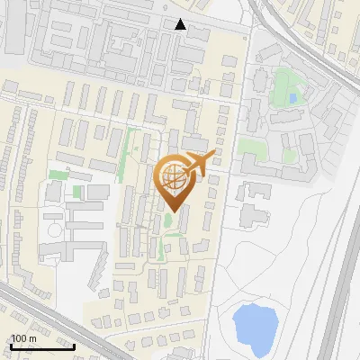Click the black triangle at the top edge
pos(181,24)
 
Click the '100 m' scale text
pos(23,337)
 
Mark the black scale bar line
pos(41,346)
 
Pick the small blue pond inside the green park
pos(291,97)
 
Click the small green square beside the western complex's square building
pos(77,192)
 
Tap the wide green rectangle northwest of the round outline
pos(59,174)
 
